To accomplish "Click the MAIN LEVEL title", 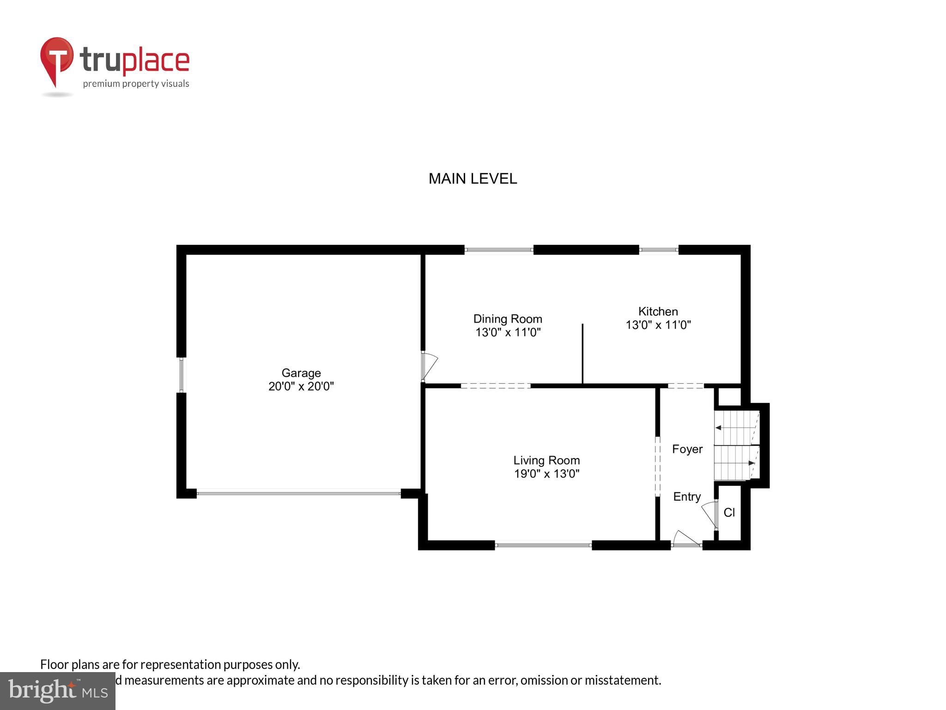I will click(x=473, y=179).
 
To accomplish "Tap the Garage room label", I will click(x=301, y=373).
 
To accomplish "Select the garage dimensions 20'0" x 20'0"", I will click(x=301, y=386).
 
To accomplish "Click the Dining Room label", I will click(x=508, y=319).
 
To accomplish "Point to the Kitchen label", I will click(x=658, y=312).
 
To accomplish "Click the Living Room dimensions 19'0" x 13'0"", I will click(x=546, y=474).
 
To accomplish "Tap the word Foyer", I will click(x=687, y=449).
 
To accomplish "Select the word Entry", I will click(x=687, y=497).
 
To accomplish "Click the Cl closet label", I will click(x=729, y=513).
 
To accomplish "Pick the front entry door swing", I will click(x=686, y=539).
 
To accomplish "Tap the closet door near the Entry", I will click(x=709, y=514).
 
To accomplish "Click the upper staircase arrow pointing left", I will click(x=719, y=428).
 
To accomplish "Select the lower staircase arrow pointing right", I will click(x=751, y=463).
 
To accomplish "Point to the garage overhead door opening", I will click(x=298, y=493).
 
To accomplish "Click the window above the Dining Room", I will click(x=499, y=250).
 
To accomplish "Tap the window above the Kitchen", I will click(x=659, y=250).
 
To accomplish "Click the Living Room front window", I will click(x=543, y=545).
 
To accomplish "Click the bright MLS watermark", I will click(x=57, y=691).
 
